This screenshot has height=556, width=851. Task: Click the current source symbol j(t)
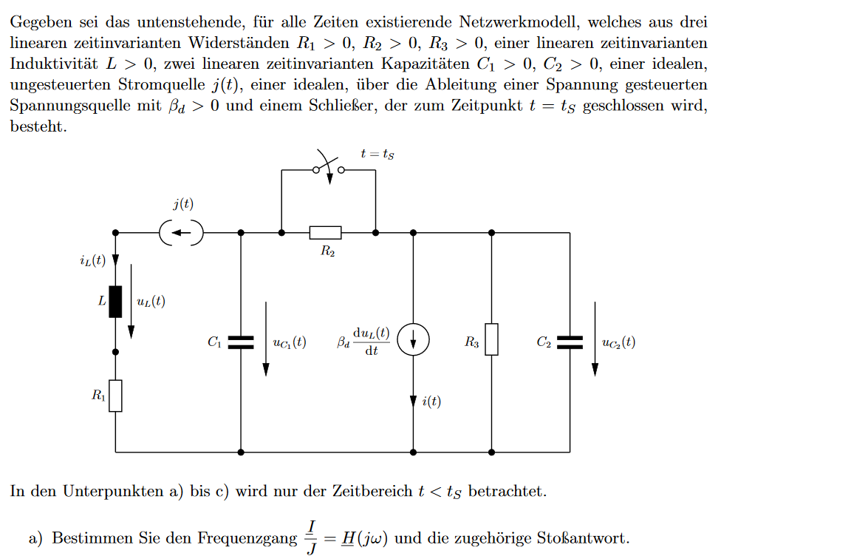point(181,233)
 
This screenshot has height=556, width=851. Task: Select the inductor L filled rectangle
point(115,302)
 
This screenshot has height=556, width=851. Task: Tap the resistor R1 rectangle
point(115,396)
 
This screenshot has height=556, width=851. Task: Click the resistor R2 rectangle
point(326,233)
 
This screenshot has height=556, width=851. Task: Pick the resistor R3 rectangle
point(492,339)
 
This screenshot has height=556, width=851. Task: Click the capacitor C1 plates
point(241,342)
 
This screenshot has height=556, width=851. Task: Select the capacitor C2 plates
point(570,342)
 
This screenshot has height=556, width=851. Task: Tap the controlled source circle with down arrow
point(413,340)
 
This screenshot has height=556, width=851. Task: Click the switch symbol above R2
point(329,169)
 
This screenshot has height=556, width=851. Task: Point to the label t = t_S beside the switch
point(377,155)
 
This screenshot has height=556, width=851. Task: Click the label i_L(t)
point(93,260)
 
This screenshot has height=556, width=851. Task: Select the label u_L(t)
point(151,302)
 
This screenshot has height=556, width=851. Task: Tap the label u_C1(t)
point(290,342)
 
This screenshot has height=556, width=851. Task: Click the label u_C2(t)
point(619,342)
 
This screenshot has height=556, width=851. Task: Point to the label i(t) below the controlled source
point(431,401)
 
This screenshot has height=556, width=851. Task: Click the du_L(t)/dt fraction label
point(372,342)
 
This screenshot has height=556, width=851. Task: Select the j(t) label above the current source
point(183,204)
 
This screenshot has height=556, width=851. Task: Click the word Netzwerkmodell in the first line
point(519,21)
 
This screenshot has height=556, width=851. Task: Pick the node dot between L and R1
point(115,352)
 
